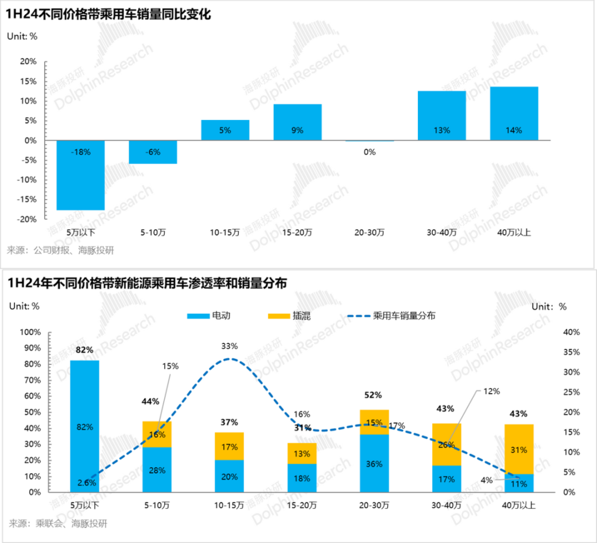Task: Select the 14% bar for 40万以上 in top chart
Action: tap(514, 113)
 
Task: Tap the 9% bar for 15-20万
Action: tap(297, 122)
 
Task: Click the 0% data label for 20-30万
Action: tap(370, 152)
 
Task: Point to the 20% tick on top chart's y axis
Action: tap(28, 62)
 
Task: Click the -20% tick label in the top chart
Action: tap(27, 219)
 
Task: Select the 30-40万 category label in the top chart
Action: tap(442, 232)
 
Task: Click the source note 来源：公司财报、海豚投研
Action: tap(60, 250)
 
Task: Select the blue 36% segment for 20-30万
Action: tap(374, 463)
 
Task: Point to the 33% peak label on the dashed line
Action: tap(230, 346)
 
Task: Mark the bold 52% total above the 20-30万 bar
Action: tap(373, 395)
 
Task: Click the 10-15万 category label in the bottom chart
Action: tap(229, 505)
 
